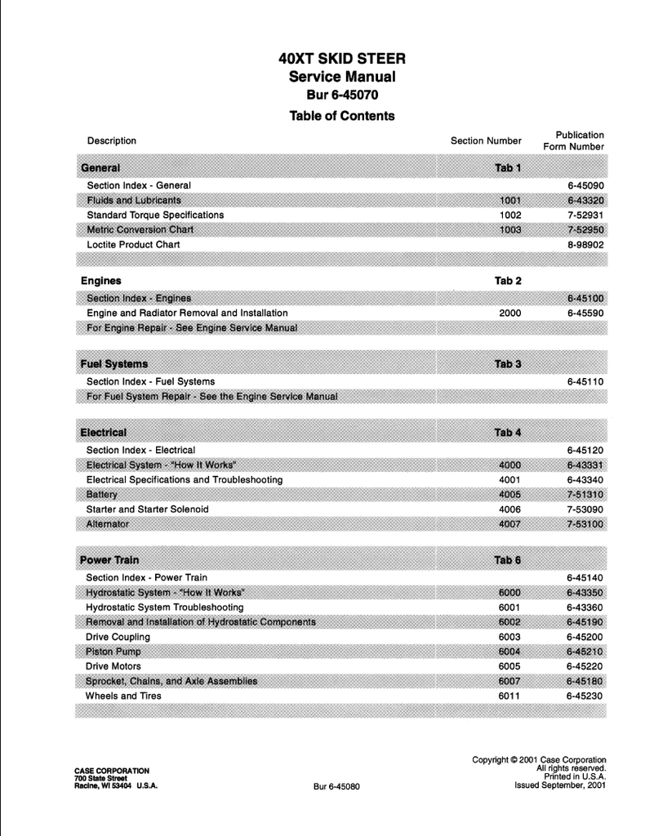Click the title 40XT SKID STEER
tap(342, 59)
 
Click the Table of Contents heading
tap(342, 116)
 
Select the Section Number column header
tap(486, 141)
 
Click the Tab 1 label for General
tap(508, 168)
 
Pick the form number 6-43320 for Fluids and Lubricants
tap(585, 200)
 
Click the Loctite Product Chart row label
tap(133, 244)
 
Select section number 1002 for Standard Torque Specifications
tap(509, 215)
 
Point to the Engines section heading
tap(101, 281)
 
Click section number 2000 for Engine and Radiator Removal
tap(509, 313)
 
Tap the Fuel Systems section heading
tap(114, 363)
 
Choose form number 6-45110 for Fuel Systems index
tap(585, 381)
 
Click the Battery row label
tap(102, 495)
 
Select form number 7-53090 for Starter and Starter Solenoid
tap(585, 509)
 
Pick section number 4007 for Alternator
tap(509, 524)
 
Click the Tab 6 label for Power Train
tap(508, 560)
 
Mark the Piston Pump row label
tap(113, 651)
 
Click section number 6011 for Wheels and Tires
tap(509, 696)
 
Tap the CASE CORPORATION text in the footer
tap(112, 770)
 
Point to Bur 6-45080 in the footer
tap(336, 787)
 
